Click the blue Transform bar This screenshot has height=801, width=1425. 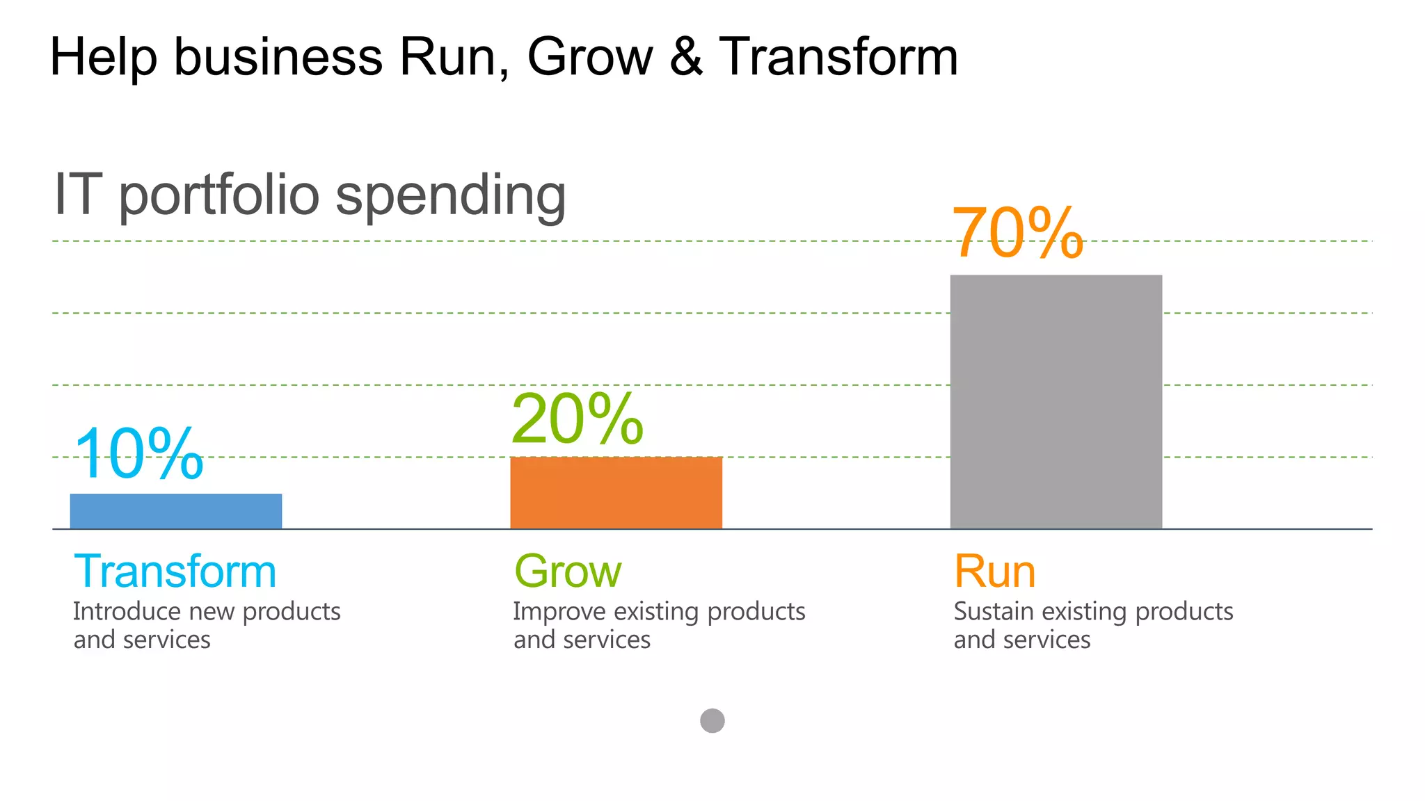[x=176, y=511]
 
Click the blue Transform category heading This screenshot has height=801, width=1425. [x=175, y=572]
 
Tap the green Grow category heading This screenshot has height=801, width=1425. [x=567, y=572]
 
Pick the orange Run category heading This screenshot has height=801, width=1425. [x=994, y=572]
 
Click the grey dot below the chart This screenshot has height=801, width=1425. [x=712, y=720]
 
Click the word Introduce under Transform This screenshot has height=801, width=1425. [x=127, y=611]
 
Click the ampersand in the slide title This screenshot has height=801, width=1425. [x=686, y=57]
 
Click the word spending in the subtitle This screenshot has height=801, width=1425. [x=450, y=196]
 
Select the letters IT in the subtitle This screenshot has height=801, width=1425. [x=78, y=195]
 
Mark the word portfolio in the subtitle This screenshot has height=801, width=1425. [x=218, y=196]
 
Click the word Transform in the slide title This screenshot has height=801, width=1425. [x=838, y=57]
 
